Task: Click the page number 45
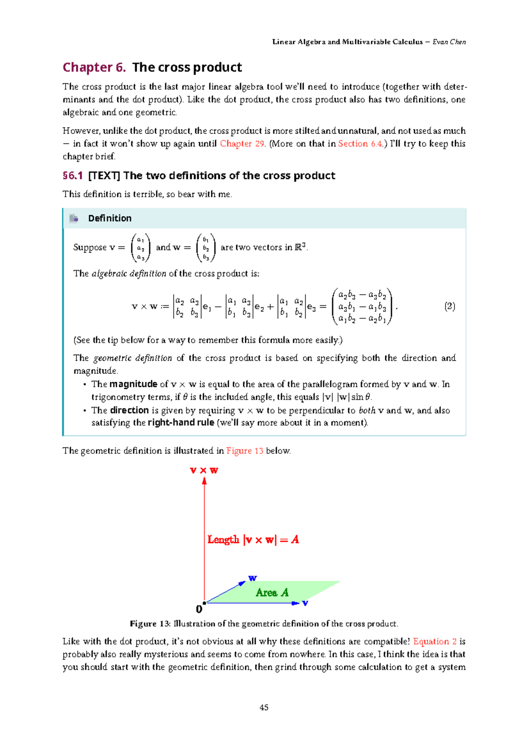click(264, 707)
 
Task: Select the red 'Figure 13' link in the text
click(245, 451)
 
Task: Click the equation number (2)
click(449, 307)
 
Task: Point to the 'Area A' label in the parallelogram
click(272, 593)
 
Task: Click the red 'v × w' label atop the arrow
click(204, 471)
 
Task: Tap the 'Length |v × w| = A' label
click(253, 540)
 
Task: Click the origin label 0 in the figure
click(199, 610)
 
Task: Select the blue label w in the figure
click(252, 578)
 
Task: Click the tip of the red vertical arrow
click(205, 481)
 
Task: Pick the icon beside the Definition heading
click(74, 218)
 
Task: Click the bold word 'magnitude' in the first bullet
click(133, 384)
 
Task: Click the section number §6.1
click(73, 176)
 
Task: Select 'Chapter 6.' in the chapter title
click(94, 67)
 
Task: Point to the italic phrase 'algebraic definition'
click(129, 273)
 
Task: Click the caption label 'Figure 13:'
click(150, 624)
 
